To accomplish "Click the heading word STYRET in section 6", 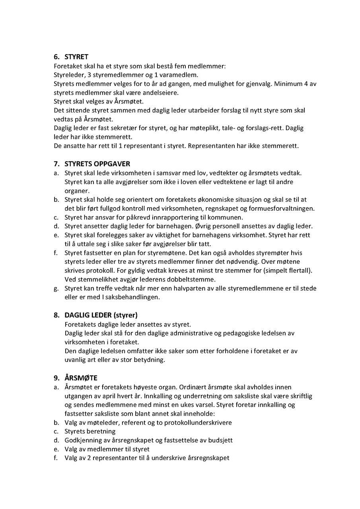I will click(x=76, y=57).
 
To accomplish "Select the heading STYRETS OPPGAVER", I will click(x=97, y=164).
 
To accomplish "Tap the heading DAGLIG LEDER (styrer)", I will click(x=101, y=315).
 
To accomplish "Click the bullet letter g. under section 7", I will click(x=56, y=288).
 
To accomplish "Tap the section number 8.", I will click(x=56, y=315).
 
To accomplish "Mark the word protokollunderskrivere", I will click(x=198, y=423).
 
